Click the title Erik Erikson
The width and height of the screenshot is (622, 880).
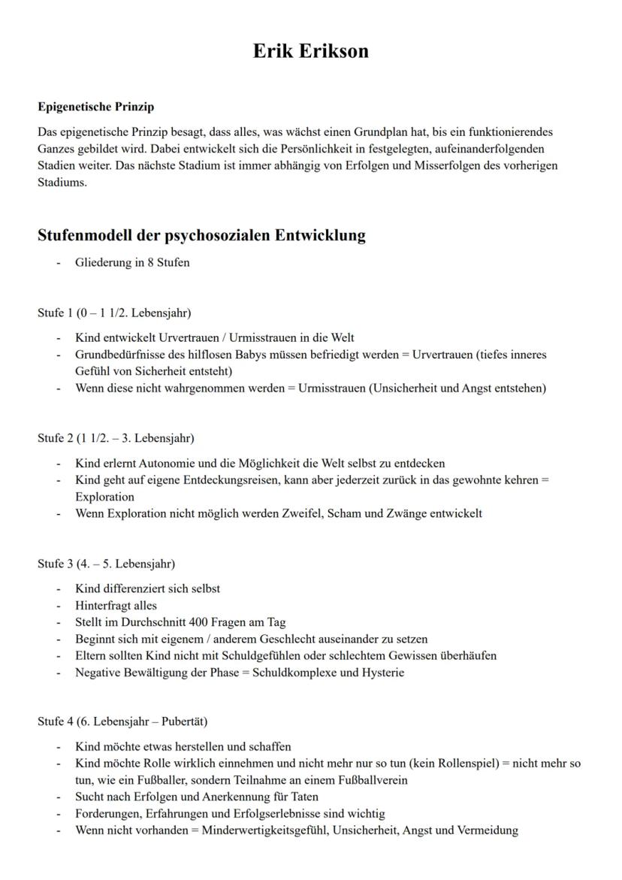(x=310, y=51)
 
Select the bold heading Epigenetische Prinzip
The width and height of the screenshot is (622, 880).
(x=95, y=107)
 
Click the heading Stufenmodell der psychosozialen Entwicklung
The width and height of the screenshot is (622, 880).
(x=201, y=235)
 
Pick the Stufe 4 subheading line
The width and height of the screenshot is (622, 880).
(x=122, y=721)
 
